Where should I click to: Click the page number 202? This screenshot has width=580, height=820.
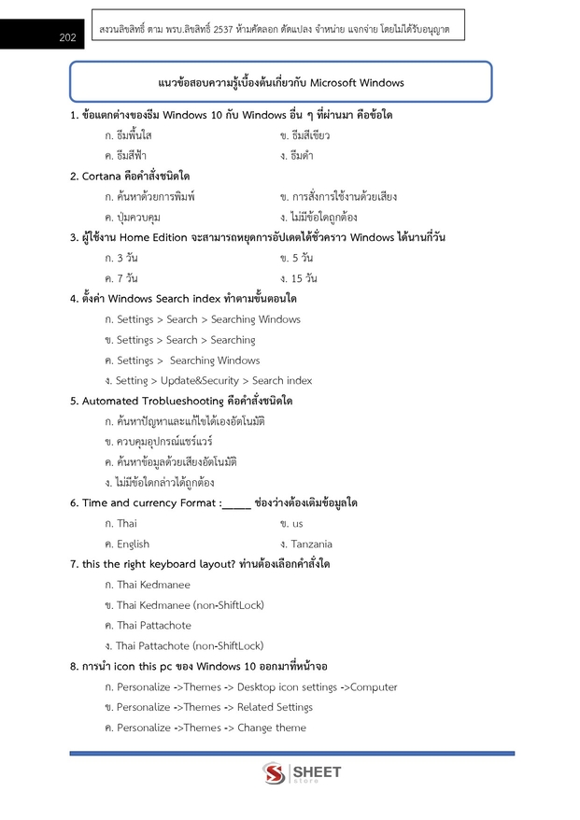click(x=67, y=38)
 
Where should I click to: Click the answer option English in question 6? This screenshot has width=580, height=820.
click(x=133, y=544)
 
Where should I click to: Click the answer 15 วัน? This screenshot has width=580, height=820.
click(x=304, y=278)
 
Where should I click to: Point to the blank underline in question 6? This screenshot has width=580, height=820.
click(x=236, y=504)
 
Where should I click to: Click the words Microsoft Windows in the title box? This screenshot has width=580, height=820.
click(x=357, y=82)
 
